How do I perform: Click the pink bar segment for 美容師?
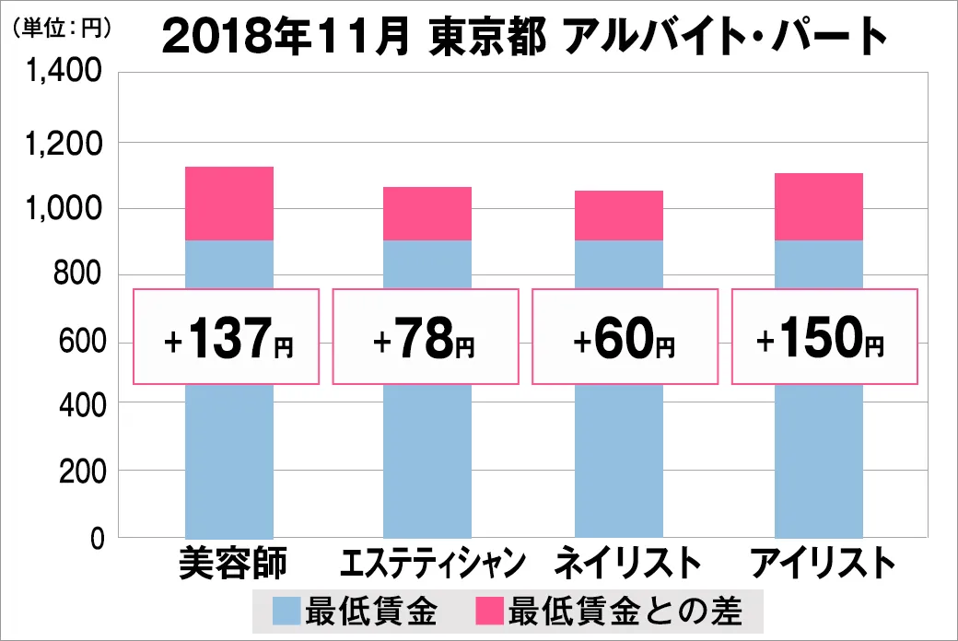[x=229, y=204]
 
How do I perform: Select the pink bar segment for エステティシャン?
[x=427, y=214]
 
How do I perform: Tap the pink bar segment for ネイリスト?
[x=618, y=216]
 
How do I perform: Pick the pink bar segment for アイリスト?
[x=819, y=206]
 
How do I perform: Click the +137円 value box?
[x=228, y=337]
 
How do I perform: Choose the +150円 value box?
[x=824, y=337]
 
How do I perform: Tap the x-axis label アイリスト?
[x=823, y=564]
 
